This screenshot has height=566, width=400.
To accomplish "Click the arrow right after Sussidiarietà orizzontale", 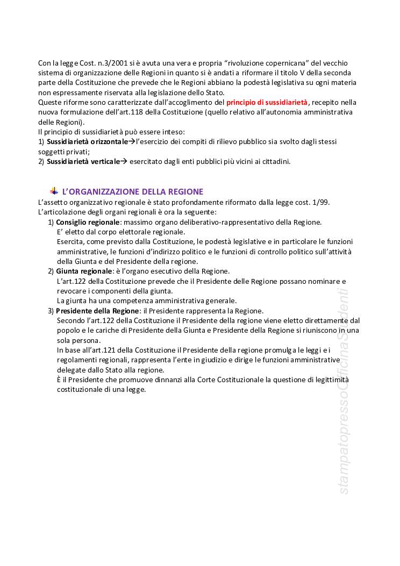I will pos(132,141).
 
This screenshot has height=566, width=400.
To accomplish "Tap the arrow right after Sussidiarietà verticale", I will pos(123,161).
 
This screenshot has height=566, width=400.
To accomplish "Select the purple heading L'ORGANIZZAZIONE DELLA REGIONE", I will pos(133,191).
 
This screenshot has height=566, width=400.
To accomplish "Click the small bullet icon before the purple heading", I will pos(54,191).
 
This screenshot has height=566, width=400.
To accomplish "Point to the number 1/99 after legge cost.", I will pos(321,202).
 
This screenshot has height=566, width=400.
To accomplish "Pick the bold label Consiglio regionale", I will pos(88,222).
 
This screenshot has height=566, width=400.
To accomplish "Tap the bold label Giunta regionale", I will pos(84,271).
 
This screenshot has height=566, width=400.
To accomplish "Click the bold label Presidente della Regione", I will pos(97,311).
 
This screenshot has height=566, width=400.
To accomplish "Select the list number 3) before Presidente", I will pos(51,311).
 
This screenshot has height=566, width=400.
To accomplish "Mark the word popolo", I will pos(68,331).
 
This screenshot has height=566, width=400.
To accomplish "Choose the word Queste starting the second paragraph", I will pos(49,102).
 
